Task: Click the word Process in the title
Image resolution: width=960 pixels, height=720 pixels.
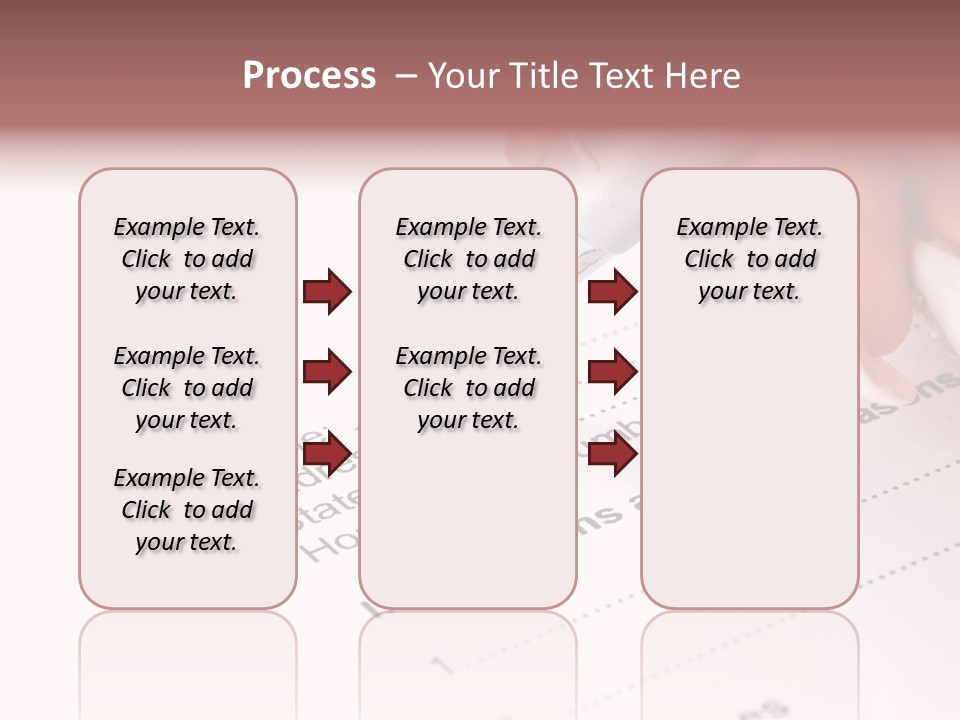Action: pos(309,76)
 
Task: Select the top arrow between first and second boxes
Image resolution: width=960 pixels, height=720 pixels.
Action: pos(327,292)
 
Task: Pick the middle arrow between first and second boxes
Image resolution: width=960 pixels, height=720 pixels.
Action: pos(327,373)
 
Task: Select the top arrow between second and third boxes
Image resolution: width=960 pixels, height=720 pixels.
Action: pos(612,292)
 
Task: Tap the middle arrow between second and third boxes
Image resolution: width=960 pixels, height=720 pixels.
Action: pos(612,373)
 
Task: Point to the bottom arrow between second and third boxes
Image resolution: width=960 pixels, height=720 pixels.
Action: pos(612,454)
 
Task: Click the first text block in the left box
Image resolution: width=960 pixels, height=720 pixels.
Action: pos(187,259)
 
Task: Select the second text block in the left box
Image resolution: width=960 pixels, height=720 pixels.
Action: pos(187,388)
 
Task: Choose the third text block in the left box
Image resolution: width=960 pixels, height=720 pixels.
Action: pos(187,510)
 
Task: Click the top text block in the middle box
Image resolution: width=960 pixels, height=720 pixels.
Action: pos(469,259)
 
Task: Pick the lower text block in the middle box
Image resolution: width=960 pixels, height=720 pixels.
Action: pos(469,388)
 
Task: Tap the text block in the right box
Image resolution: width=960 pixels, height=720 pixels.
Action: pos(750,259)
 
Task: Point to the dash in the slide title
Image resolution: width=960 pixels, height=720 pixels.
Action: pos(406,76)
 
